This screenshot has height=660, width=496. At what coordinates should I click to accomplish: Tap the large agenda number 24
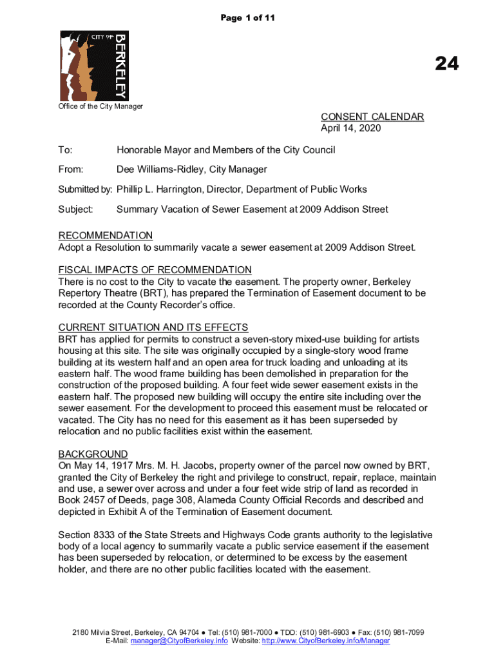(x=446, y=63)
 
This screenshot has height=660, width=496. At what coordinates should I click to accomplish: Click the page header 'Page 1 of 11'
(x=248, y=18)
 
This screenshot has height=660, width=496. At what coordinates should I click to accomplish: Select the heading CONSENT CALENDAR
(x=372, y=117)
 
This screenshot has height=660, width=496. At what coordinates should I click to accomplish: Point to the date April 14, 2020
(x=351, y=128)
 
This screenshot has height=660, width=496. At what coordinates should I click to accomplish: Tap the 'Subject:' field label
(x=76, y=209)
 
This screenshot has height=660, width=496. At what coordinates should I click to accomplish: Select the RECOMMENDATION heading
(x=106, y=236)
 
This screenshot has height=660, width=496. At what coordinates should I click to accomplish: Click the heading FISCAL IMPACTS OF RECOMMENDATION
(x=155, y=270)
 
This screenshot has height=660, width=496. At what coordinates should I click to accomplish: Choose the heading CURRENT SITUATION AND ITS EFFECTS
(x=153, y=327)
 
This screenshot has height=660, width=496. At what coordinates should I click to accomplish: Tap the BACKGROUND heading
(x=93, y=454)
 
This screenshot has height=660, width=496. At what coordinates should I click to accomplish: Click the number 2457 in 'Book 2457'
(x=95, y=500)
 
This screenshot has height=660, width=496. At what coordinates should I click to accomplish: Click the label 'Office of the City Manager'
(x=100, y=106)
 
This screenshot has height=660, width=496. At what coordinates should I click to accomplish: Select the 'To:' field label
(x=65, y=150)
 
